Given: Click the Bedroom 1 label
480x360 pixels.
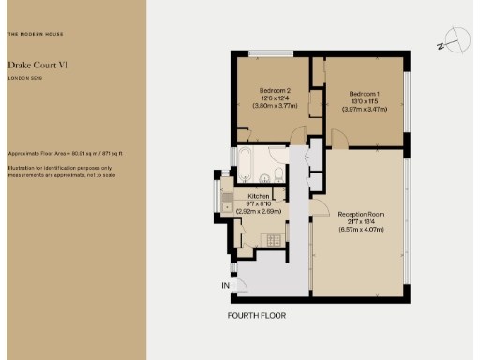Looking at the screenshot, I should [x=365, y=94].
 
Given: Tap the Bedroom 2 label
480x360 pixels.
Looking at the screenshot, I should [x=276, y=90].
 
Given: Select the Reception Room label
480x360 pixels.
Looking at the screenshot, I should [x=361, y=215].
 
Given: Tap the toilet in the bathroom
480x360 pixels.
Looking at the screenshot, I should [x=277, y=175].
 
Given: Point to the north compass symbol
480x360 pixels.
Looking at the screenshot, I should [x=457, y=40].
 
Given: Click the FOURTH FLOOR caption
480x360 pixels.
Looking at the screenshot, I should [x=257, y=316].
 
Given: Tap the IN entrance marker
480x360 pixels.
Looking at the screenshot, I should [x=225, y=285].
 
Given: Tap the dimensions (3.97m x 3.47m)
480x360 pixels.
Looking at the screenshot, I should [x=365, y=111].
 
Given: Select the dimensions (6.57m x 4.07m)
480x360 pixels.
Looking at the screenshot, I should [x=361, y=232].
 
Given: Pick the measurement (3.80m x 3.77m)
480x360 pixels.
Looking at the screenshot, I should [x=276, y=106].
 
